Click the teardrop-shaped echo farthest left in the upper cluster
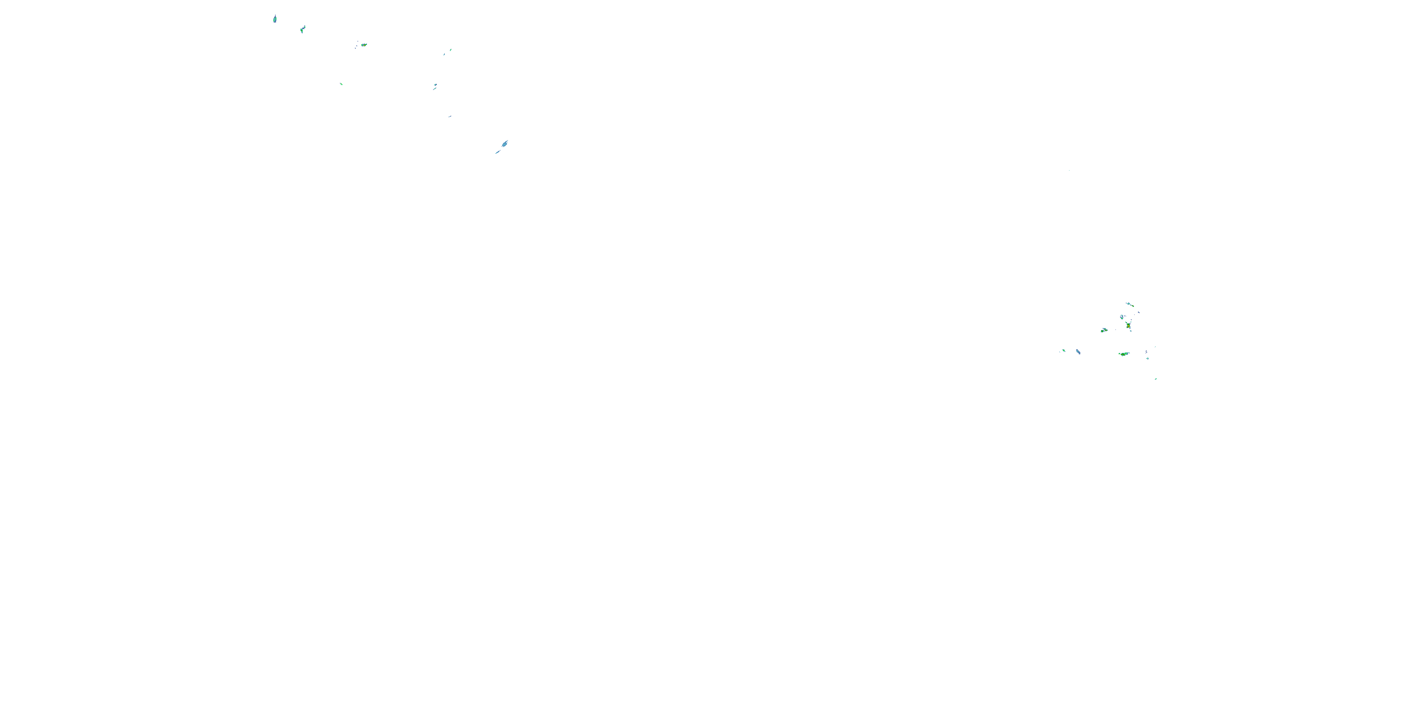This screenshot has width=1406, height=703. tap(275, 19)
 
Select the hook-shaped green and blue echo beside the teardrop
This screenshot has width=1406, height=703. tap(302, 29)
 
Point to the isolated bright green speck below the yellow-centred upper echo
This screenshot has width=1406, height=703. tap(341, 84)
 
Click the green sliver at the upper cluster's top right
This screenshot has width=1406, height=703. tap(450, 50)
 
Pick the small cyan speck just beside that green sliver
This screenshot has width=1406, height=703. tap(444, 54)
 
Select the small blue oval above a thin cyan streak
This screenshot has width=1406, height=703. tap(435, 85)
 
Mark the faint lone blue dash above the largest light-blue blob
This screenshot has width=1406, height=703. tap(450, 116)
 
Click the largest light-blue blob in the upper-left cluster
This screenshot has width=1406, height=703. tap(505, 143)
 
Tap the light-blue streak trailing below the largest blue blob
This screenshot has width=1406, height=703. tap(498, 152)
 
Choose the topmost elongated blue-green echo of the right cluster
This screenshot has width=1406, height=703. tap(1129, 304)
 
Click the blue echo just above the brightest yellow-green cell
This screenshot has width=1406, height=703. tap(1122, 316)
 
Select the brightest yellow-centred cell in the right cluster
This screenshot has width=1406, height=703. tap(1128, 326)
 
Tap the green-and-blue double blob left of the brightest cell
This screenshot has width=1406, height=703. tap(1104, 330)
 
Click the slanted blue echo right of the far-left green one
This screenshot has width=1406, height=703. tap(1078, 351)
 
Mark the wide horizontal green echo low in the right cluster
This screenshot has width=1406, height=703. tap(1123, 354)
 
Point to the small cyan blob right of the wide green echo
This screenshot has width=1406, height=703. tap(1147, 358)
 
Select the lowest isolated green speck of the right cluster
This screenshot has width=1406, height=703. tap(1155, 379)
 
